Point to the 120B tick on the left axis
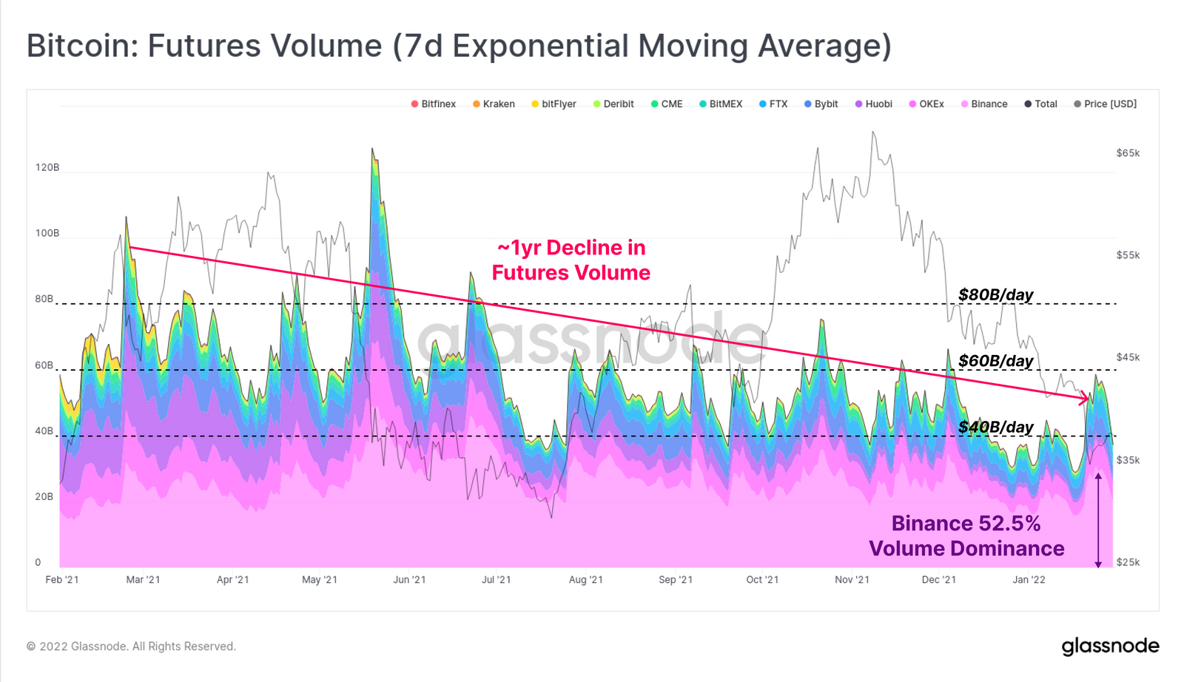click(47, 168)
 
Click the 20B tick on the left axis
click(44, 497)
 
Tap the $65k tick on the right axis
click(1128, 153)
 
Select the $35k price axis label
click(1128, 460)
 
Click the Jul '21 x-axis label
click(496, 580)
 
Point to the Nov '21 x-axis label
click(852, 580)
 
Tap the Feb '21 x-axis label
click(62, 580)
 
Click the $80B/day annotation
click(995, 295)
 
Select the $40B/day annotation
click(995, 428)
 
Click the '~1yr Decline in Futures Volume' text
click(571, 260)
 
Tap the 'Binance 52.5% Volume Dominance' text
click(966, 536)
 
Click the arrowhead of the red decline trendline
click(1086, 399)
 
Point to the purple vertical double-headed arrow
click(1098, 521)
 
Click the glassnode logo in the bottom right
click(1110, 646)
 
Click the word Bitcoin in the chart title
click(79, 46)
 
